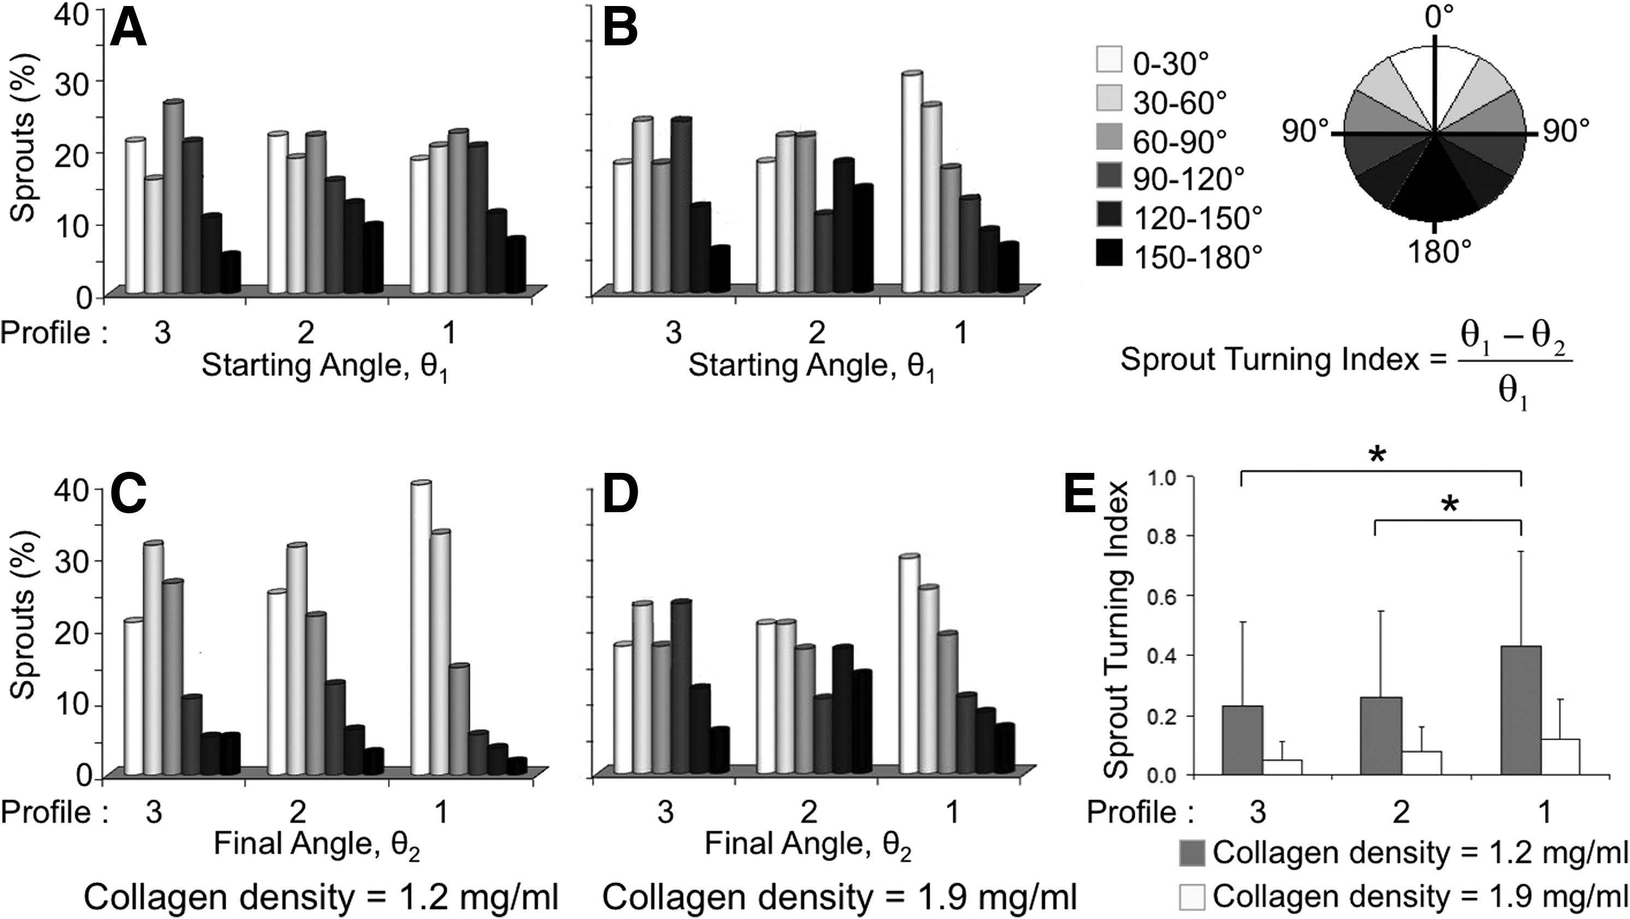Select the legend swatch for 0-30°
click(x=1108, y=63)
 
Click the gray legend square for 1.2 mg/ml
click(x=1192, y=852)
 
